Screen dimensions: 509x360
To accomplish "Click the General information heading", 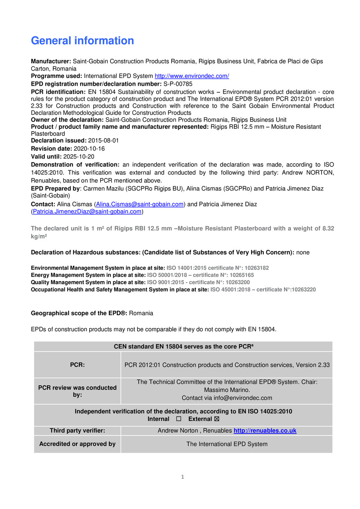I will pos(82,41).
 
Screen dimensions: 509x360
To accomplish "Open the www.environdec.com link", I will pos(192,76).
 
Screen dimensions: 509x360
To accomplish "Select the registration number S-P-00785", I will pos(178,84).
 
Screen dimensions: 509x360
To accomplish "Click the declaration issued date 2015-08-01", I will pos(103,141).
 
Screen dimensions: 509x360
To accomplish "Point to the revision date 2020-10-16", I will pos(89,149).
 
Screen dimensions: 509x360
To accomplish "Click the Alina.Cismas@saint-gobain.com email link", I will pos(140,204).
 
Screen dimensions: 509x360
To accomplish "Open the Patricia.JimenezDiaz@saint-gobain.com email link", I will pos(87,211).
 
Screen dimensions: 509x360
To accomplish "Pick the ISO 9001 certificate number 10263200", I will pos(237,282).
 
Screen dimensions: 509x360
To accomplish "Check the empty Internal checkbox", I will pos(179,419).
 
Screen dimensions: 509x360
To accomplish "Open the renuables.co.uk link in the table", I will pos(265,431).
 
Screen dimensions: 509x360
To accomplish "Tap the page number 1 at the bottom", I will pos(183,477).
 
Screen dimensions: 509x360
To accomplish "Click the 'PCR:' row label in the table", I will pos(77,365).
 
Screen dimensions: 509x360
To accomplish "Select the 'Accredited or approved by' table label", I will pos(77,444).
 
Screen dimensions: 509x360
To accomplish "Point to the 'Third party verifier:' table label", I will pos(77,431).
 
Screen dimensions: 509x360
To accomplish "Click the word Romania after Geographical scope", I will pos(141,313).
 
